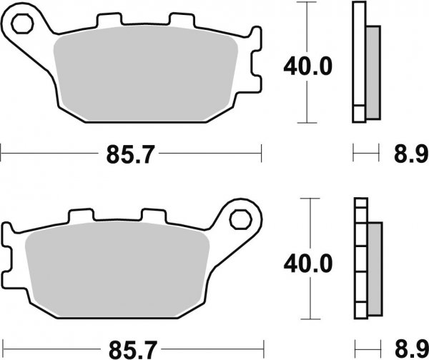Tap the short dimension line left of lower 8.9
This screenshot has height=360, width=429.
click(365, 349)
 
